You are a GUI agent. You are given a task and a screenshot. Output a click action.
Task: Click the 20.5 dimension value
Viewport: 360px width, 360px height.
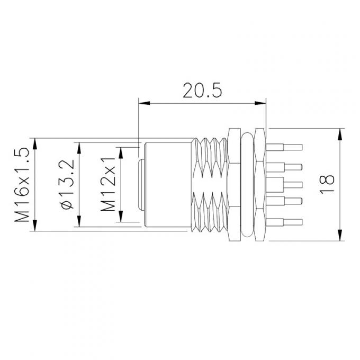201,91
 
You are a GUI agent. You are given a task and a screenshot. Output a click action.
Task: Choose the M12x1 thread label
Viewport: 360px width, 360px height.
109,184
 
